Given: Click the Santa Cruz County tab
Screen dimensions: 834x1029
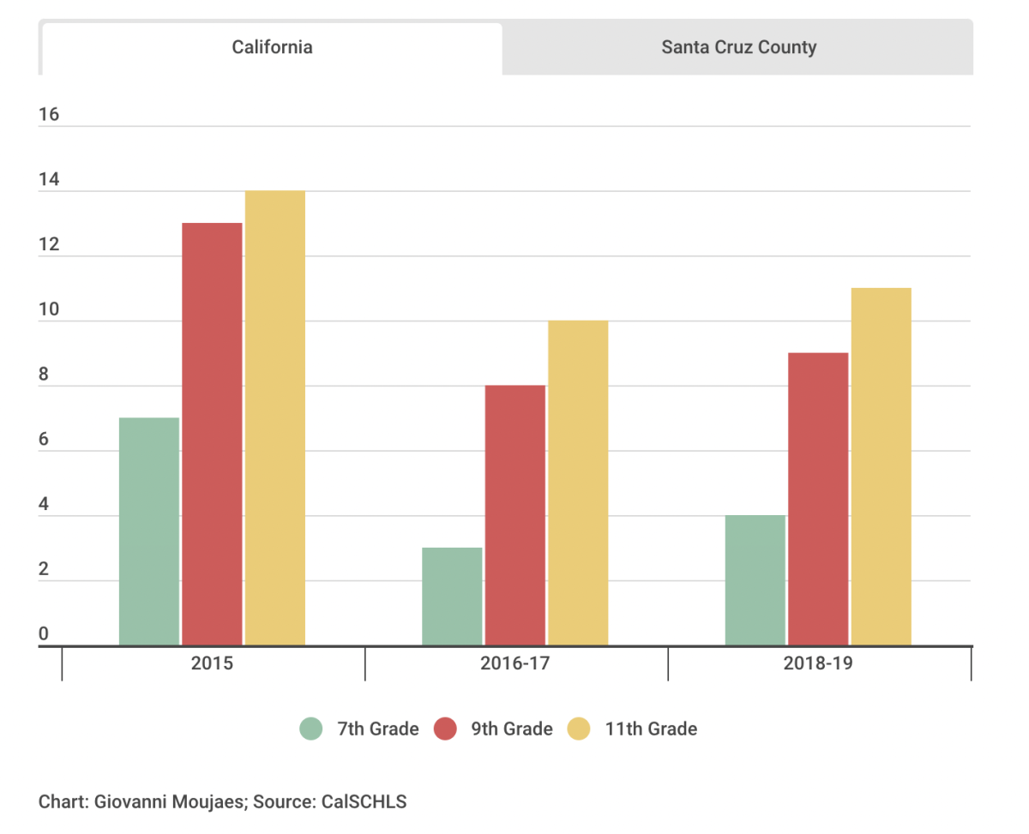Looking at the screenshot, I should point(738,47).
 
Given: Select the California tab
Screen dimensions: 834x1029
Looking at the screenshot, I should point(272,47).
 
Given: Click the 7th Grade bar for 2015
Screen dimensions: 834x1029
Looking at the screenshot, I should point(149,531).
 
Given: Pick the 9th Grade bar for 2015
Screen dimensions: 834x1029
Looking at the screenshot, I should point(212,434).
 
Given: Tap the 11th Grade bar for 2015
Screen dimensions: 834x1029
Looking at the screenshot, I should point(275,417).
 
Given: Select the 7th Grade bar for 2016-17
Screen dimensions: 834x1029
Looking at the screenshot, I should point(452,597).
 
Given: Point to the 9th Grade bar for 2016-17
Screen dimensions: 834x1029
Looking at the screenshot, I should point(515,515).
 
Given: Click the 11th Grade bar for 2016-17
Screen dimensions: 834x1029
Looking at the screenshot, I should point(578,483).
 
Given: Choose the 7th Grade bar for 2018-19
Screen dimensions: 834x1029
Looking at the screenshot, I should point(755,580).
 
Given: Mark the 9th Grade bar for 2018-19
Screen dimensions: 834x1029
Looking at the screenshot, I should point(818,499).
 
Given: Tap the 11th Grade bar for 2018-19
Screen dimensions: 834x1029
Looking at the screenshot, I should point(881,466).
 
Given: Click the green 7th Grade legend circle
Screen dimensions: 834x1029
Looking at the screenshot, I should point(311,729).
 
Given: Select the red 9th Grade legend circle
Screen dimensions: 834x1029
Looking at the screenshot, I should point(445,729).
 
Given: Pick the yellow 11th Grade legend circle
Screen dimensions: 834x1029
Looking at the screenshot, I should point(580,729).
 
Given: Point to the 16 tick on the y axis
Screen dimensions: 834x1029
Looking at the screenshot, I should point(49,115).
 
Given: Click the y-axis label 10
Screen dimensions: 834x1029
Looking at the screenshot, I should point(49,309).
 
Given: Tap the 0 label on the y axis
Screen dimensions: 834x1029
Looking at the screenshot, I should point(44,634).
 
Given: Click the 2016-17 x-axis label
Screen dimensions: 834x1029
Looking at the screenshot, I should point(515,663).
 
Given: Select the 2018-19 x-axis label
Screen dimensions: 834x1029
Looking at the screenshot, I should point(818,663).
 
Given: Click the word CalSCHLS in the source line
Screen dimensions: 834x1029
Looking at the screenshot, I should point(364,803).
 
